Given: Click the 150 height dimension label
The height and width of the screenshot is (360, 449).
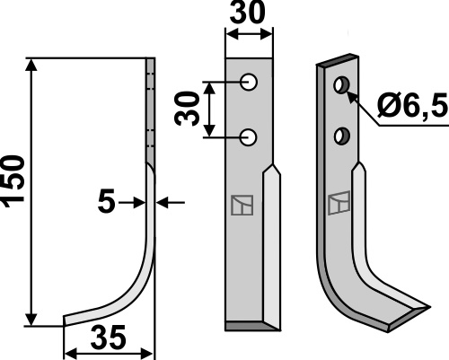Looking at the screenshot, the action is pos(13,181).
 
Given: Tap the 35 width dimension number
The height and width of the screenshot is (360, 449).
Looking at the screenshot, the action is pos(108,338).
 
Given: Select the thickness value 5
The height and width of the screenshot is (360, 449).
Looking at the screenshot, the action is pos(106,201).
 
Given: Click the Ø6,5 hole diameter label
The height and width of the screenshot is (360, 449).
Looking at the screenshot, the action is pos(412,104).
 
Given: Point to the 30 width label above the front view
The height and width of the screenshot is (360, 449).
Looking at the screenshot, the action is pos(247,12).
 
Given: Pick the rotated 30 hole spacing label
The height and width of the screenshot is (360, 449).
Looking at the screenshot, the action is pos(187,109).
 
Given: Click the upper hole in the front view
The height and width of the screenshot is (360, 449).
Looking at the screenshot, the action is pos(249,82).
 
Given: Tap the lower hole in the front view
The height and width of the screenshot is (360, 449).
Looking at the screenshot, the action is pos(249,137).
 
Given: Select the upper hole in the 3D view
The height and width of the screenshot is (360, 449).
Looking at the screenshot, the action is pos(341,85).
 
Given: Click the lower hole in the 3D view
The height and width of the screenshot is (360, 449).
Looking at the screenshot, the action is pos(342,136).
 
